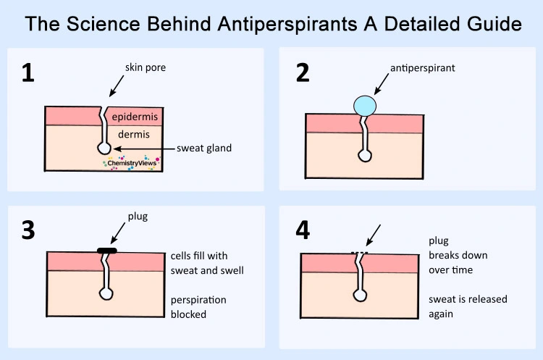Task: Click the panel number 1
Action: tap(28, 73)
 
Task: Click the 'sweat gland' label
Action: tap(204, 148)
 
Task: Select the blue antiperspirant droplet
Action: tap(366, 106)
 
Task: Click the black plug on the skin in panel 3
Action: tap(106, 251)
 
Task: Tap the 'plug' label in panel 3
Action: tap(137, 217)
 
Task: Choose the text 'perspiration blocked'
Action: tap(198, 307)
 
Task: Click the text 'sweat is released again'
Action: tap(468, 306)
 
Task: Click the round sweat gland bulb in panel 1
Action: tap(104, 148)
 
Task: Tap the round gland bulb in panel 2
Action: tap(365, 155)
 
